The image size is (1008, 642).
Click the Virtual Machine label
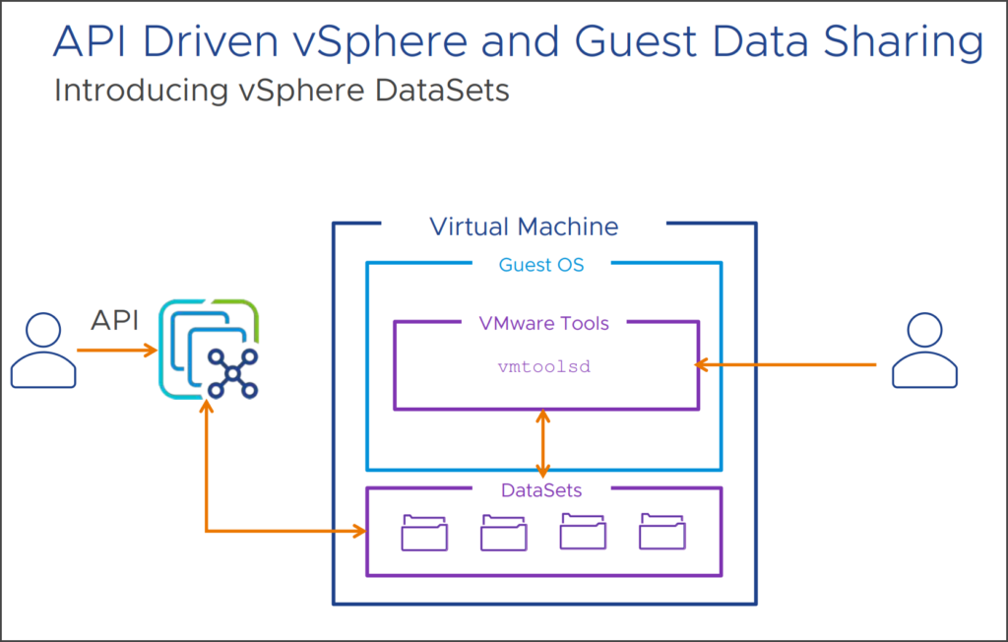pos(524,226)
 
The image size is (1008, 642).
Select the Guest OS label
pos(541,264)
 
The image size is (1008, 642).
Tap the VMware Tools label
pos(543,323)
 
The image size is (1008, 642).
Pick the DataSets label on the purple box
pos(541,489)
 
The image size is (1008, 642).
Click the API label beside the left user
pos(114,320)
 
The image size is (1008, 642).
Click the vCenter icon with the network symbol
pos(210,350)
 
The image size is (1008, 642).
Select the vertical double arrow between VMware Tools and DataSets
pos(542,444)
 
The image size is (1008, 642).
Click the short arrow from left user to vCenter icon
pos(115,350)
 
